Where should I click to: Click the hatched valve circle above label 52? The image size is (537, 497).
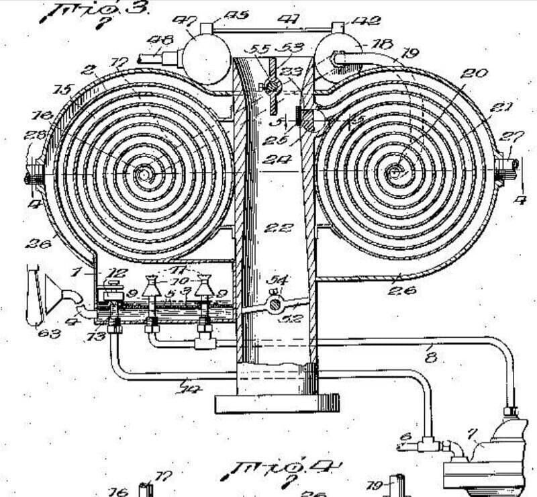click(x=273, y=305)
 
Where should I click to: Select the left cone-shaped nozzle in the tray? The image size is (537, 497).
click(x=153, y=289)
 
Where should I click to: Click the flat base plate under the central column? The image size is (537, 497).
click(x=277, y=403)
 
